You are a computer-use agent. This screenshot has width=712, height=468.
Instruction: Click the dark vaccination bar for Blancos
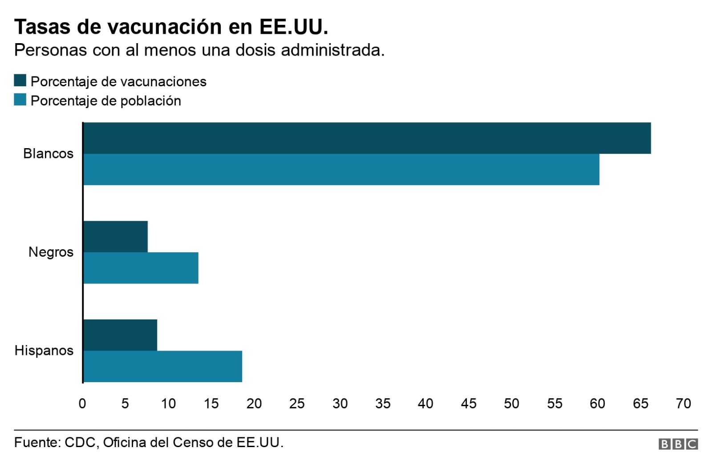point(367,138)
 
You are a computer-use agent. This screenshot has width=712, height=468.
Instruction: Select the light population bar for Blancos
point(341,169)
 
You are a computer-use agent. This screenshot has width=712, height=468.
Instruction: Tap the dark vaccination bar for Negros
point(116,237)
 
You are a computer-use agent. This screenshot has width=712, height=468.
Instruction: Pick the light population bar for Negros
point(141,268)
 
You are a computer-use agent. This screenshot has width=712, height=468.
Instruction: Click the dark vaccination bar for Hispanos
point(120,335)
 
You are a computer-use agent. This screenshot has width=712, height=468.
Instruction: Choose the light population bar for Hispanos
point(163,366)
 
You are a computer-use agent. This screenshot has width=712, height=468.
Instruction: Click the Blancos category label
point(48,153)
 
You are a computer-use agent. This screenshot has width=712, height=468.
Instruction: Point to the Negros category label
point(51,252)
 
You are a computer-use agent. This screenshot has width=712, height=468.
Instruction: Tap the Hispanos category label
point(44,351)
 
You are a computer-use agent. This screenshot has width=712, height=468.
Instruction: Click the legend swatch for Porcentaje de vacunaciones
point(20,81)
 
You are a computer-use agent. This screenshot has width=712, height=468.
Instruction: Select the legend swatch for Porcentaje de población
point(20,100)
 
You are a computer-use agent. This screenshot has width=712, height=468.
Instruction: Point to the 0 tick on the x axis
point(82,403)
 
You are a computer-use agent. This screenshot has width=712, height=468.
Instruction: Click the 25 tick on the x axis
point(297,403)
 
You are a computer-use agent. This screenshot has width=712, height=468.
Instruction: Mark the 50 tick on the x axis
point(511,403)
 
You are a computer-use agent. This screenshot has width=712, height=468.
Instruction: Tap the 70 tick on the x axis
point(683,403)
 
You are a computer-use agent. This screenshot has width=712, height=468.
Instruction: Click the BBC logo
point(678,444)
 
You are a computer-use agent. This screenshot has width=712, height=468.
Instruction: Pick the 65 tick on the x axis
point(640,403)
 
